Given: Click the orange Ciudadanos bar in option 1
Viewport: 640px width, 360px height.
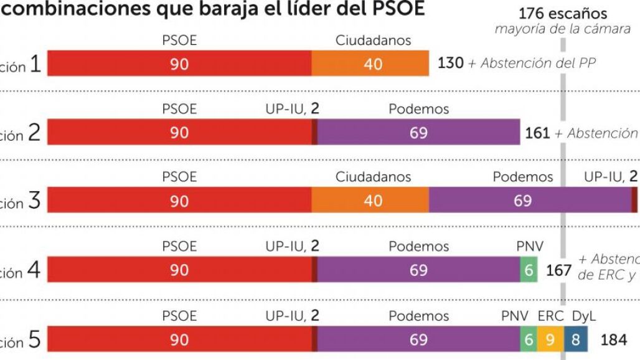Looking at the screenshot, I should (370, 64).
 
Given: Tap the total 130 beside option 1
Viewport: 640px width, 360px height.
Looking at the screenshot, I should (451, 63).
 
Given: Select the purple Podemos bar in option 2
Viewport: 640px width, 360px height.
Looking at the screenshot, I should (418, 133).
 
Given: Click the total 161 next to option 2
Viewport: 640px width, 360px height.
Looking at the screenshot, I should (537, 133).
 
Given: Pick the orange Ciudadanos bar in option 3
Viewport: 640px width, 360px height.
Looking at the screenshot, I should (370, 201).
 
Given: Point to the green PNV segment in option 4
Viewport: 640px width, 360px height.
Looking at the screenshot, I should (529, 270).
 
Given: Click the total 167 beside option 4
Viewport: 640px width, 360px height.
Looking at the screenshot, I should (558, 270).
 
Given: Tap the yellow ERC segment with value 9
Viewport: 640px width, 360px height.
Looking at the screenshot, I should (550, 339).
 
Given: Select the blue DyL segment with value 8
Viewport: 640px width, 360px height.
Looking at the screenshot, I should (575, 339).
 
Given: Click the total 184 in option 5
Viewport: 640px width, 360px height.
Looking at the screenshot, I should (613, 340).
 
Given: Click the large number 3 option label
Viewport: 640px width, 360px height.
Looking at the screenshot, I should (35, 201).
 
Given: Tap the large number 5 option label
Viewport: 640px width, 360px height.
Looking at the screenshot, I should (35, 341).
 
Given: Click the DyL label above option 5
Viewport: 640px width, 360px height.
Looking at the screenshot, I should (583, 316).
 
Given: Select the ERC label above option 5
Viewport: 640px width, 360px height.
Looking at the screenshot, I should (550, 316).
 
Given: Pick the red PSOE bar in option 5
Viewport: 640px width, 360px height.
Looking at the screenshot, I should (179, 339).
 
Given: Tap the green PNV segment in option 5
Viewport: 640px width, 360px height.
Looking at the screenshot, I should (529, 339).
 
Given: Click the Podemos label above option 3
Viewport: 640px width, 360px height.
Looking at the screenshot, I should (522, 177).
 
